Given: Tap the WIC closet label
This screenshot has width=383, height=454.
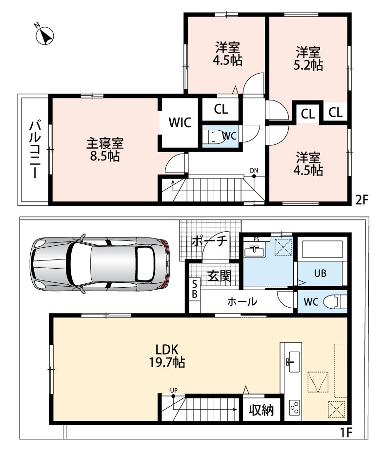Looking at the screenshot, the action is tap(180, 122).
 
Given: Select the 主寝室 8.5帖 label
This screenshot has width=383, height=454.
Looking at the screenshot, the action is tap(105, 150).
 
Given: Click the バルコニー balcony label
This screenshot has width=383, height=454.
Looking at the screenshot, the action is tap(35, 150).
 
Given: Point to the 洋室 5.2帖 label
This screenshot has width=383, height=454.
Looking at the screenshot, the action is tap(308, 59).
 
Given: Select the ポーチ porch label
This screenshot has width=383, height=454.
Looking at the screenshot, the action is tap(209, 241).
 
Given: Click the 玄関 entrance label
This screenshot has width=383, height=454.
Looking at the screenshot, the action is tap(220, 276).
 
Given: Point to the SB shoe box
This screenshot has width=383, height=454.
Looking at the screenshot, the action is tap(194, 289).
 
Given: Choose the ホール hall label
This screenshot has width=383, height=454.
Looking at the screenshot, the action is tap(242, 302).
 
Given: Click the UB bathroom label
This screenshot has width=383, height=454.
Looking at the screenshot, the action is tap(320, 273).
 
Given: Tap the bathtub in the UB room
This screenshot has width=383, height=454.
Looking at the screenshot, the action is tap(322, 248).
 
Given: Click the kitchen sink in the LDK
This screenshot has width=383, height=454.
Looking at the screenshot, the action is tap(293, 362).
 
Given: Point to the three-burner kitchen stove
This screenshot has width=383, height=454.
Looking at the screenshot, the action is tap(295, 408).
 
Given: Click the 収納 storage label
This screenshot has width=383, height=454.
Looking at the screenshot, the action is tap(262, 410).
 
